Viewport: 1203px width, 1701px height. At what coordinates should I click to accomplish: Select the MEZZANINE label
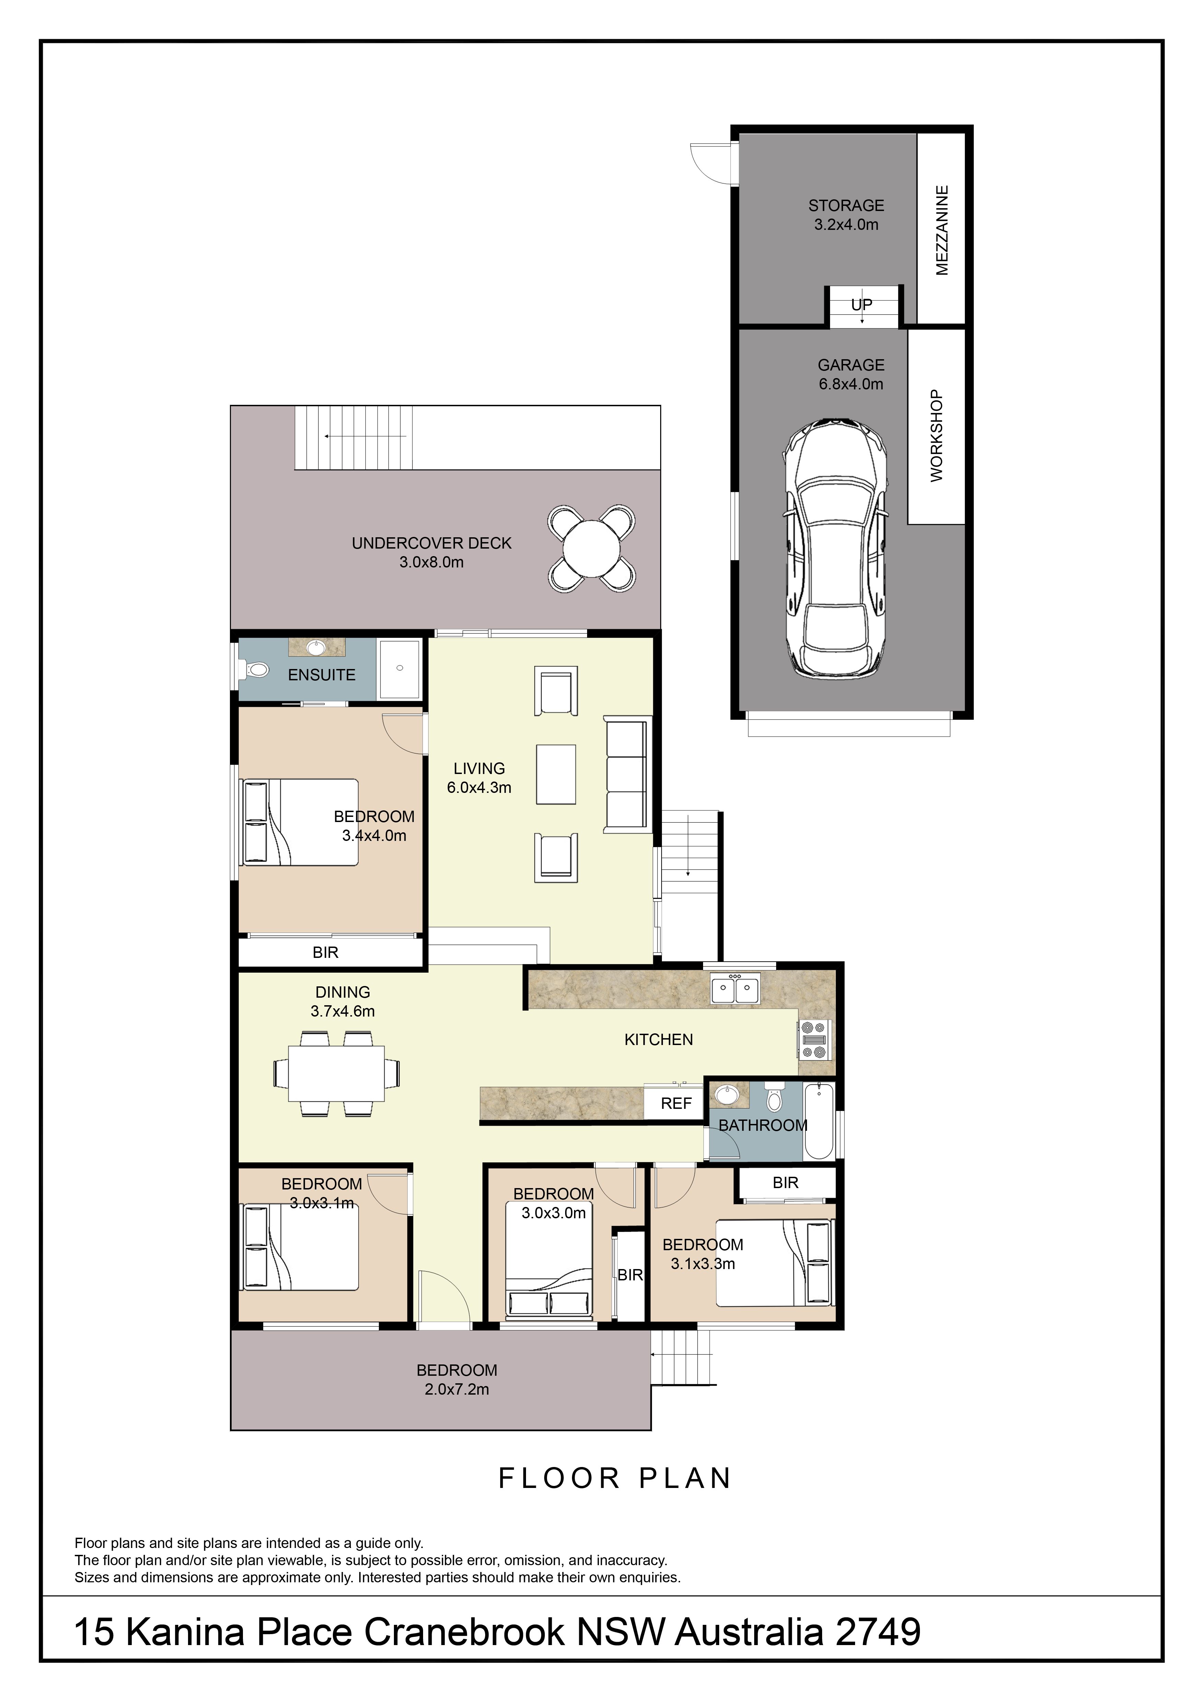(942, 231)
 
